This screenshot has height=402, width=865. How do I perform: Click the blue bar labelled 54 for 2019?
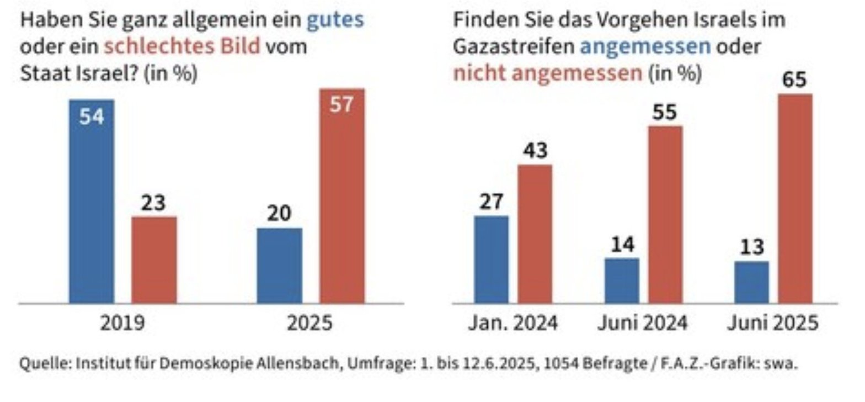pyautogui.click(x=92, y=202)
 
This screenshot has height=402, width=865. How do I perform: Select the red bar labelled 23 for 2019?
pyautogui.click(x=154, y=260)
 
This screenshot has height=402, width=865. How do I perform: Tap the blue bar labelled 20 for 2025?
pyautogui.click(x=279, y=265)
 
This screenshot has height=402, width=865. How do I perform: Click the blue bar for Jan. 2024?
pyautogui.click(x=491, y=259)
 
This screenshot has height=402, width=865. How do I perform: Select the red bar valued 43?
pyautogui.click(x=534, y=234)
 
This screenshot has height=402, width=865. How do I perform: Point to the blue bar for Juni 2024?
pyautogui.click(x=622, y=280)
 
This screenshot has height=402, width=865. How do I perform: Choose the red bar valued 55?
pyautogui.click(x=665, y=214)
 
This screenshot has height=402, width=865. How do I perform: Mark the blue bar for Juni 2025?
pyautogui.click(x=751, y=282)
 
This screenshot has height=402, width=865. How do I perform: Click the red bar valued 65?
pyautogui.click(x=794, y=198)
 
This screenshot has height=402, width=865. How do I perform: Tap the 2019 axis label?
pyautogui.click(x=122, y=323)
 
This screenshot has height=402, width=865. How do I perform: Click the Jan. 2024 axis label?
pyautogui.click(x=513, y=323)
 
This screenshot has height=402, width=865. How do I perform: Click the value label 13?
pyautogui.click(x=751, y=247)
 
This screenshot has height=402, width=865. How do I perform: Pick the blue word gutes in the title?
pyautogui.click(x=335, y=20)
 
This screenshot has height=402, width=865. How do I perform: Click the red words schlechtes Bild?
pyautogui.click(x=181, y=46)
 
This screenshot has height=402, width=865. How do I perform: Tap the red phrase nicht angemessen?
pyautogui.click(x=548, y=73)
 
